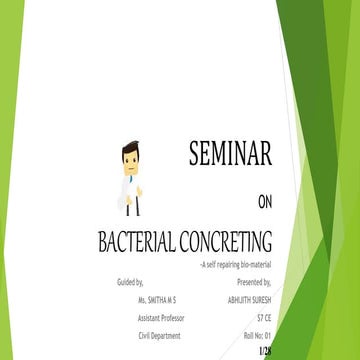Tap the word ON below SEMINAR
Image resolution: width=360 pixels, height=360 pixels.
[x=264, y=202]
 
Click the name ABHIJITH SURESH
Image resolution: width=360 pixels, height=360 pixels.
[x=249, y=300]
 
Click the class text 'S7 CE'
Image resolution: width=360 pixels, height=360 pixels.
[x=261, y=317]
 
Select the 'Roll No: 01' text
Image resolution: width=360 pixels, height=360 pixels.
[x=257, y=334]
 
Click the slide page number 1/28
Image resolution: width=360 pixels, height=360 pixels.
[x=264, y=352]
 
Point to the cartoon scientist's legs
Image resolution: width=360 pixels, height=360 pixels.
[x=129, y=209]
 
